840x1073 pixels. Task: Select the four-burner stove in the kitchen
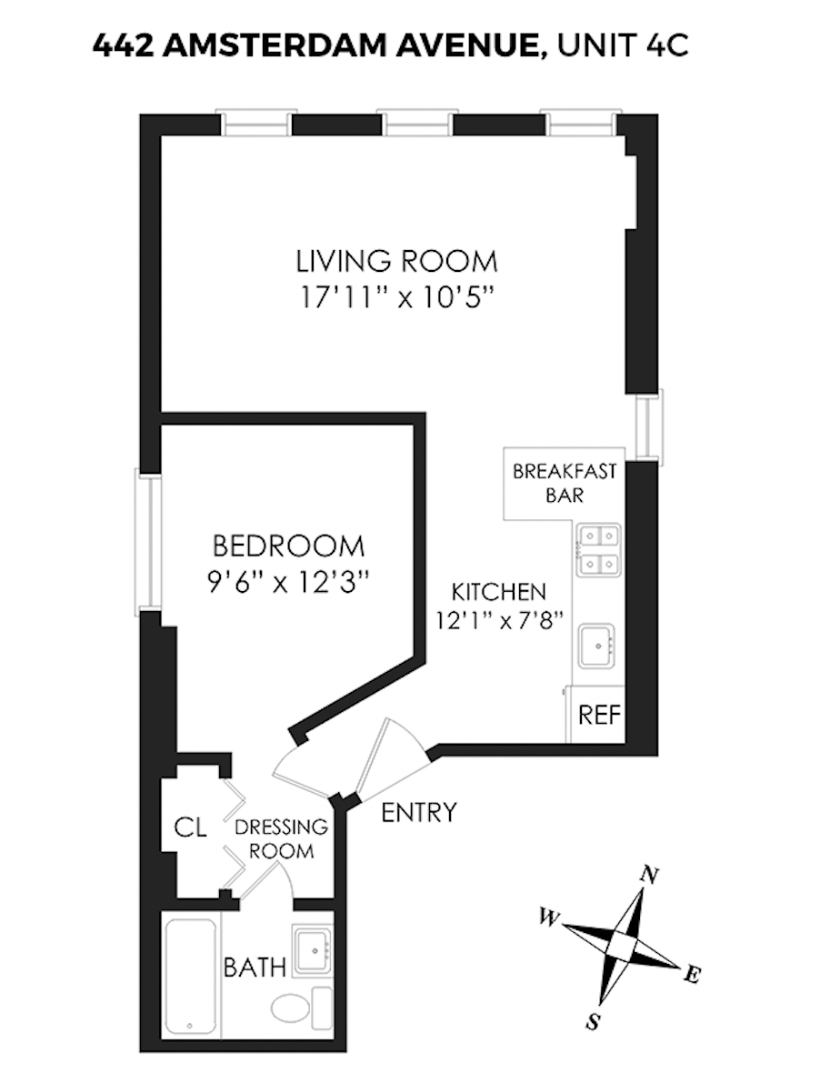click(x=597, y=550)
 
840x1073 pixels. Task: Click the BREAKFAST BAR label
click(x=565, y=484)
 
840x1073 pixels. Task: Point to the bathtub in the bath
click(x=191, y=976)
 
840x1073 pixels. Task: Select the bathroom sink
click(x=314, y=950)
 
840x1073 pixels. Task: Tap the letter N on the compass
click(x=649, y=875)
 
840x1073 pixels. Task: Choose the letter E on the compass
click(x=692, y=976)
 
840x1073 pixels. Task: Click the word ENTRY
click(x=418, y=812)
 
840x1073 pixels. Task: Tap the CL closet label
click(x=191, y=827)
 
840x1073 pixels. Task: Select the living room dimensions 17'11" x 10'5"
click(x=396, y=296)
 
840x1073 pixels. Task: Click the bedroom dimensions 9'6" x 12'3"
click(x=288, y=580)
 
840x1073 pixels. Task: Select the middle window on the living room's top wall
click(x=417, y=123)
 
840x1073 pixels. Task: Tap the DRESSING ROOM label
click(x=281, y=839)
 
